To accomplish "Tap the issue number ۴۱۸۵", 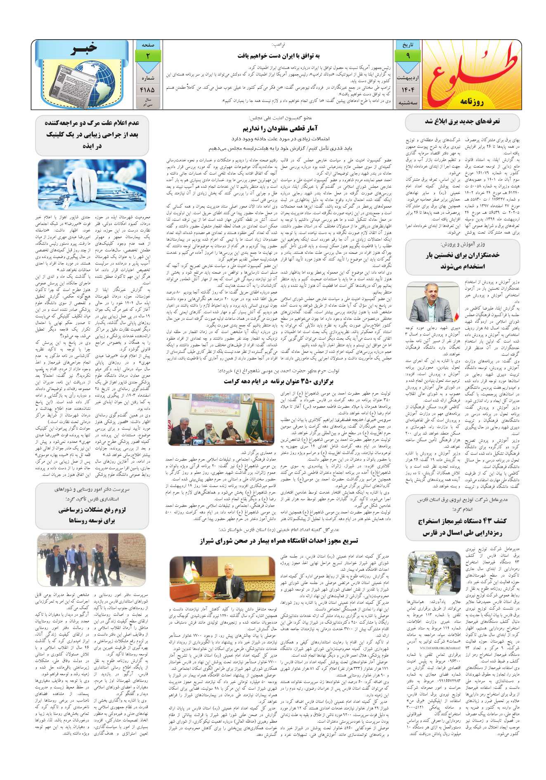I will coord(147,89).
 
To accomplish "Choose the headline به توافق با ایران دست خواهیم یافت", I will coord(279,56).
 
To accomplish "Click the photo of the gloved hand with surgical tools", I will coord(92,185).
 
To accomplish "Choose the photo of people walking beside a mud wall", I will coord(92,560).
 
